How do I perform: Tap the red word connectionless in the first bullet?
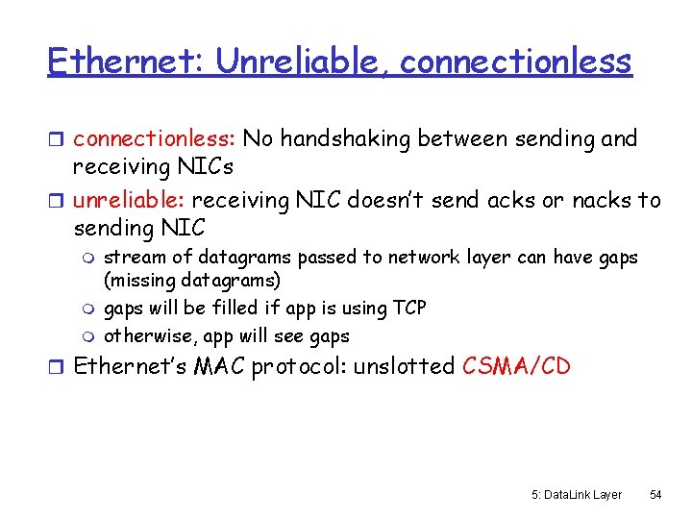click(x=154, y=138)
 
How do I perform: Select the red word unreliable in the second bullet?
click(x=130, y=200)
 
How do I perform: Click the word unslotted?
click(x=405, y=367)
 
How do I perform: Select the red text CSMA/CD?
click(x=516, y=367)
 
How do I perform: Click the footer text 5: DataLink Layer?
click(x=576, y=494)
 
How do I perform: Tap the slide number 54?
click(x=655, y=494)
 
